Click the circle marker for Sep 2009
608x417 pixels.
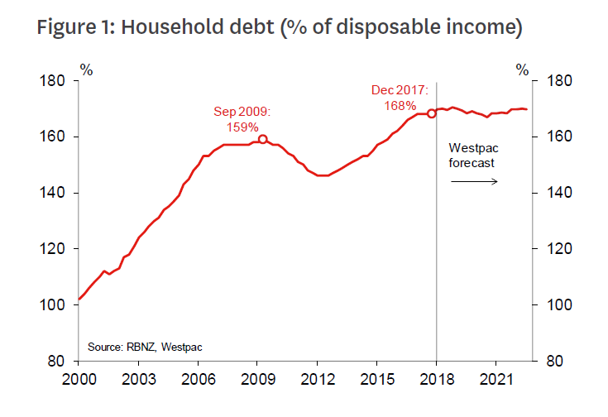click(263, 139)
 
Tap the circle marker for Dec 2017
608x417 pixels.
click(431, 113)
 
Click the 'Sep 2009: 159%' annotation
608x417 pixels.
click(242, 119)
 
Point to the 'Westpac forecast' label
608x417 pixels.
click(472, 155)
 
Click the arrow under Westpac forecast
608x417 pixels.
click(474, 180)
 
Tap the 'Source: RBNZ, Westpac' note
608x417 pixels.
click(134, 347)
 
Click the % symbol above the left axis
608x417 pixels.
click(86, 69)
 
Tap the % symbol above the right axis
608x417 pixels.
click(522, 69)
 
